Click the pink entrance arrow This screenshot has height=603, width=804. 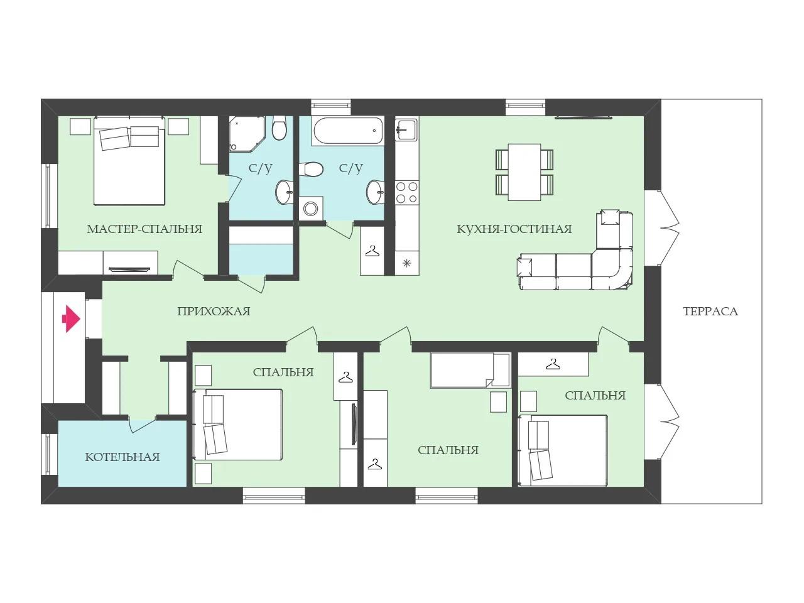pos(71,319)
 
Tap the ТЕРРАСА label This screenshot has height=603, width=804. pos(710,312)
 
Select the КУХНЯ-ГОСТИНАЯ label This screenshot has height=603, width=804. pos(514,229)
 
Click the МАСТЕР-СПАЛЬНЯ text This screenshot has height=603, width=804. pos(144,229)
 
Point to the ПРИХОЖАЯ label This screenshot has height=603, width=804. pos(214,312)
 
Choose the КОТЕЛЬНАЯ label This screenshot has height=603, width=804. pos(122,457)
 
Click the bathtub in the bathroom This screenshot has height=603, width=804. pos(348,131)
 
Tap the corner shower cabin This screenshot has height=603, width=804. pos(247,134)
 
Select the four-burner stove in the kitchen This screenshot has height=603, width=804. pos(407,193)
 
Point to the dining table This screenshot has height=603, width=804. pos(524,172)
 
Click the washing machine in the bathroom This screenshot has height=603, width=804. pos(311,209)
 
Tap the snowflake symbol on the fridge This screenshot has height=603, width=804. pos(406,263)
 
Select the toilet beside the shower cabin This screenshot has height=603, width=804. pos(280,128)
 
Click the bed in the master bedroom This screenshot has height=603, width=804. pos(129,161)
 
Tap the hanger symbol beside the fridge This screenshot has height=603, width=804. pos(372,251)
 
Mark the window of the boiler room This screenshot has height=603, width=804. pos(48,454)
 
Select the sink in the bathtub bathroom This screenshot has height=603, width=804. pos(376,192)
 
